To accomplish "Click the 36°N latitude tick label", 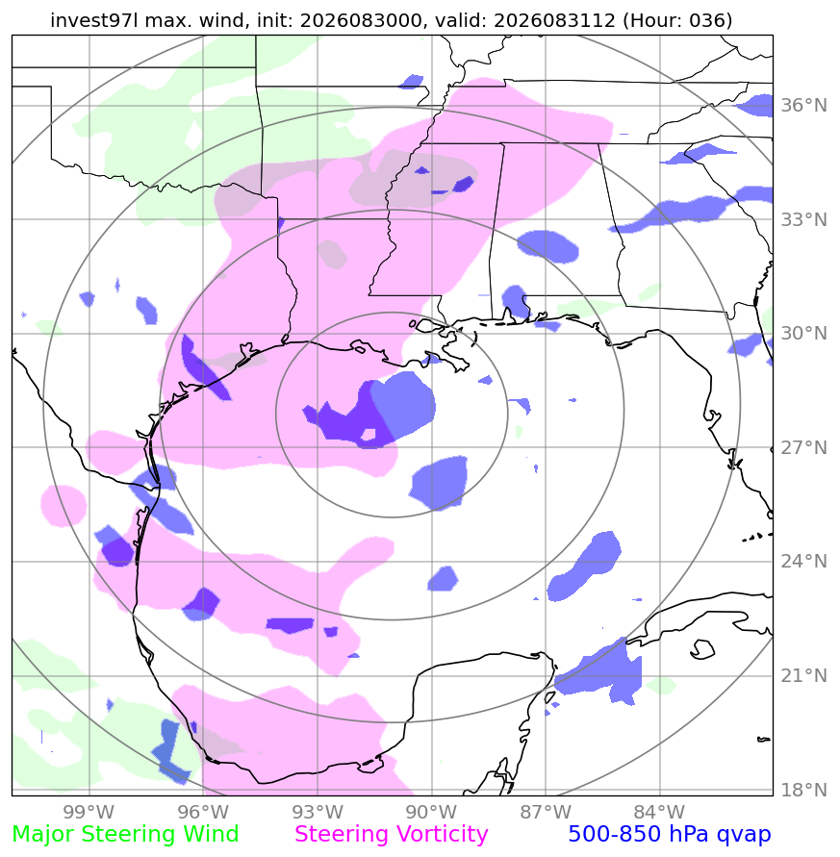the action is pyautogui.click(x=803, y=105).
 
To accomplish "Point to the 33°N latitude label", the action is pyautogui.click(x=803, y=219).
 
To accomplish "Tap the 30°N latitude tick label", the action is pyautogui.click(x=803, y=333).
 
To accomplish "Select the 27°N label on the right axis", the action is pyautogui.click(x=803, y=447).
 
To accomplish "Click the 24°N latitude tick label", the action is pyautogui.click(x=803, y=562).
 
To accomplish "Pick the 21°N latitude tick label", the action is pyautogui.click(x=803, y=675).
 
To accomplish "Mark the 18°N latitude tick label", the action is pyautogui.click(x=803, y=790).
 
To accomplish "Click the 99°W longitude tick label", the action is pyautogui.click(x=89, y=812).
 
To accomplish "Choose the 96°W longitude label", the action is pyautogui.click(x=203, y=812).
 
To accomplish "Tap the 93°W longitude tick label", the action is pyautogui.click(x=318, y=812).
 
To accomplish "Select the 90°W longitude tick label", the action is pyautogui.click(x=431, y=812).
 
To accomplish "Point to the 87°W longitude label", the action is pyautogui.click(x=546, y=812).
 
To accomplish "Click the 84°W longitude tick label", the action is pyautogui.click(x=659, y=812).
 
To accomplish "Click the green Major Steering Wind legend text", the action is pyautogui.click(x=125, y=835).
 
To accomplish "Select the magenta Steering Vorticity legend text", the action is pyautogui.click(x=391, y=835).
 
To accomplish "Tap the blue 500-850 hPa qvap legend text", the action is pyautogui.click(x=670, y=835).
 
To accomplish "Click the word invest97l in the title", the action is pyautogui.click(x=94, y=20).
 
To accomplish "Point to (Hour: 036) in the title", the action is pyautogui.click(x=677, y=20).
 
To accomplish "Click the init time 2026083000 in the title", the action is pyautogui.click(x=361, y=20).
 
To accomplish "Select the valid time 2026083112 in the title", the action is pyautogui.click(x=554, y=20).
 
